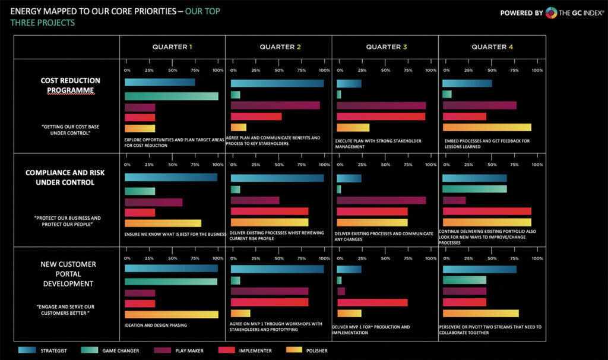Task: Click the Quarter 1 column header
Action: pyautogui.click(x=172, y=46)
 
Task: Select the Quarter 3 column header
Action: pyautogui.click(x=385, y=46)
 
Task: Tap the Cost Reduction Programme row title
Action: pyautogui.click(x=70, y=86)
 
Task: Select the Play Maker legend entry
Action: pyautogui.click(x=178, y=350)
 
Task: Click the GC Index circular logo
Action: pyautogui.click(x=550, y=12)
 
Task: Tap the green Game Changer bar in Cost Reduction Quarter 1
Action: pyautogui.click(x=171, y=96)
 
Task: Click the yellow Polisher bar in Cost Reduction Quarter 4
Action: pyautogui.click(x=486, y=127)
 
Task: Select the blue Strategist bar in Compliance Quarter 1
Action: pyautogui.click(x=170, y=178)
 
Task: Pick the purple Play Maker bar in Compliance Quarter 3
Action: pyautogui.click(x=381, y=200)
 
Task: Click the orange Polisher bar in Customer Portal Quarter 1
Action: pyautogui.click(x=171, y=314)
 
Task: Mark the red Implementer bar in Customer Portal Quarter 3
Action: pyautogui.click(x=372, y=302)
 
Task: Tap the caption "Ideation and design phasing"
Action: pyautogui.click(x=156, y=325)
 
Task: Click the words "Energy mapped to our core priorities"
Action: pyautogui.click(x=96, y=10)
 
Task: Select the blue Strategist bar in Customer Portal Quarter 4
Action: pyautogui.click(x=479, y=269)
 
